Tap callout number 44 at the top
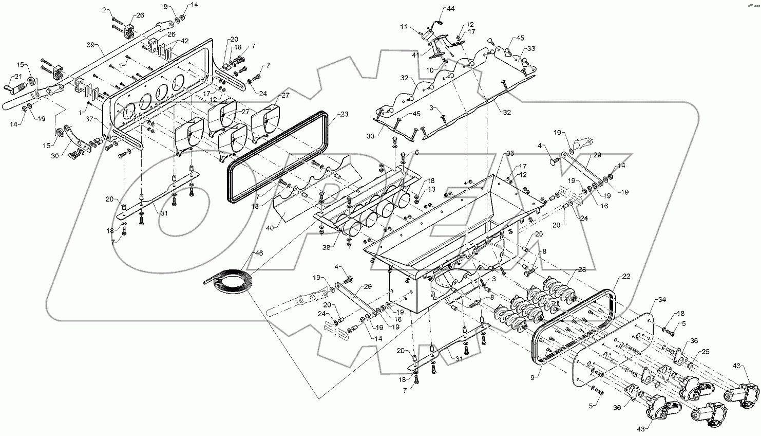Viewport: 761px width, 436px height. point(450,9)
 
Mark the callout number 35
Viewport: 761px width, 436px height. point(509,153)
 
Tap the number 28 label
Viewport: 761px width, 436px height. point(581,269)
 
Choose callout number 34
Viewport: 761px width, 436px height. point(662,300)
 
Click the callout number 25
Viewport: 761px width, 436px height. point(705,352)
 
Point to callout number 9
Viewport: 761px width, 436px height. point(535,377)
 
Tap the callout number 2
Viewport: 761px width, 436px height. point(105,10)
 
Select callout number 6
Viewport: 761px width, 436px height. point(416,152)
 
